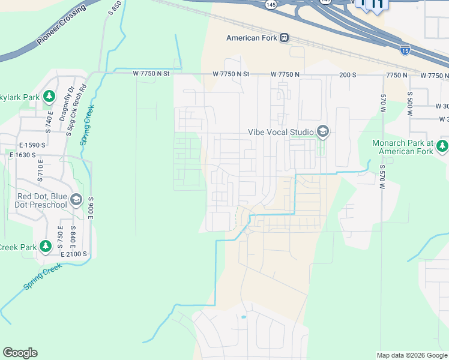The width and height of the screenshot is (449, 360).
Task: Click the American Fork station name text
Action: tap(252, 38)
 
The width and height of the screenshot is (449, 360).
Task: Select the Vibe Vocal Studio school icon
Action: tap(323, 131)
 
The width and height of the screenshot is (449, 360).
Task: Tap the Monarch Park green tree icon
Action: tap(442, 146)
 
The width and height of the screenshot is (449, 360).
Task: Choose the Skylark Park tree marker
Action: tap(49, 96)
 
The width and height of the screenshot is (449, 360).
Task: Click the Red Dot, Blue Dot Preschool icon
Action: tap(76, 200)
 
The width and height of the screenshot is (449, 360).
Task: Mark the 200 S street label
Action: tap(348, 74)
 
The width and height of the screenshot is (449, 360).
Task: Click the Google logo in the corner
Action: tap(20, 353)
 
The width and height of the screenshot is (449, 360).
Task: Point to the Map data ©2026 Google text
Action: tap(411, 355)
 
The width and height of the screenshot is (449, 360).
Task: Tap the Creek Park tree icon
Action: tap(45, 246)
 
